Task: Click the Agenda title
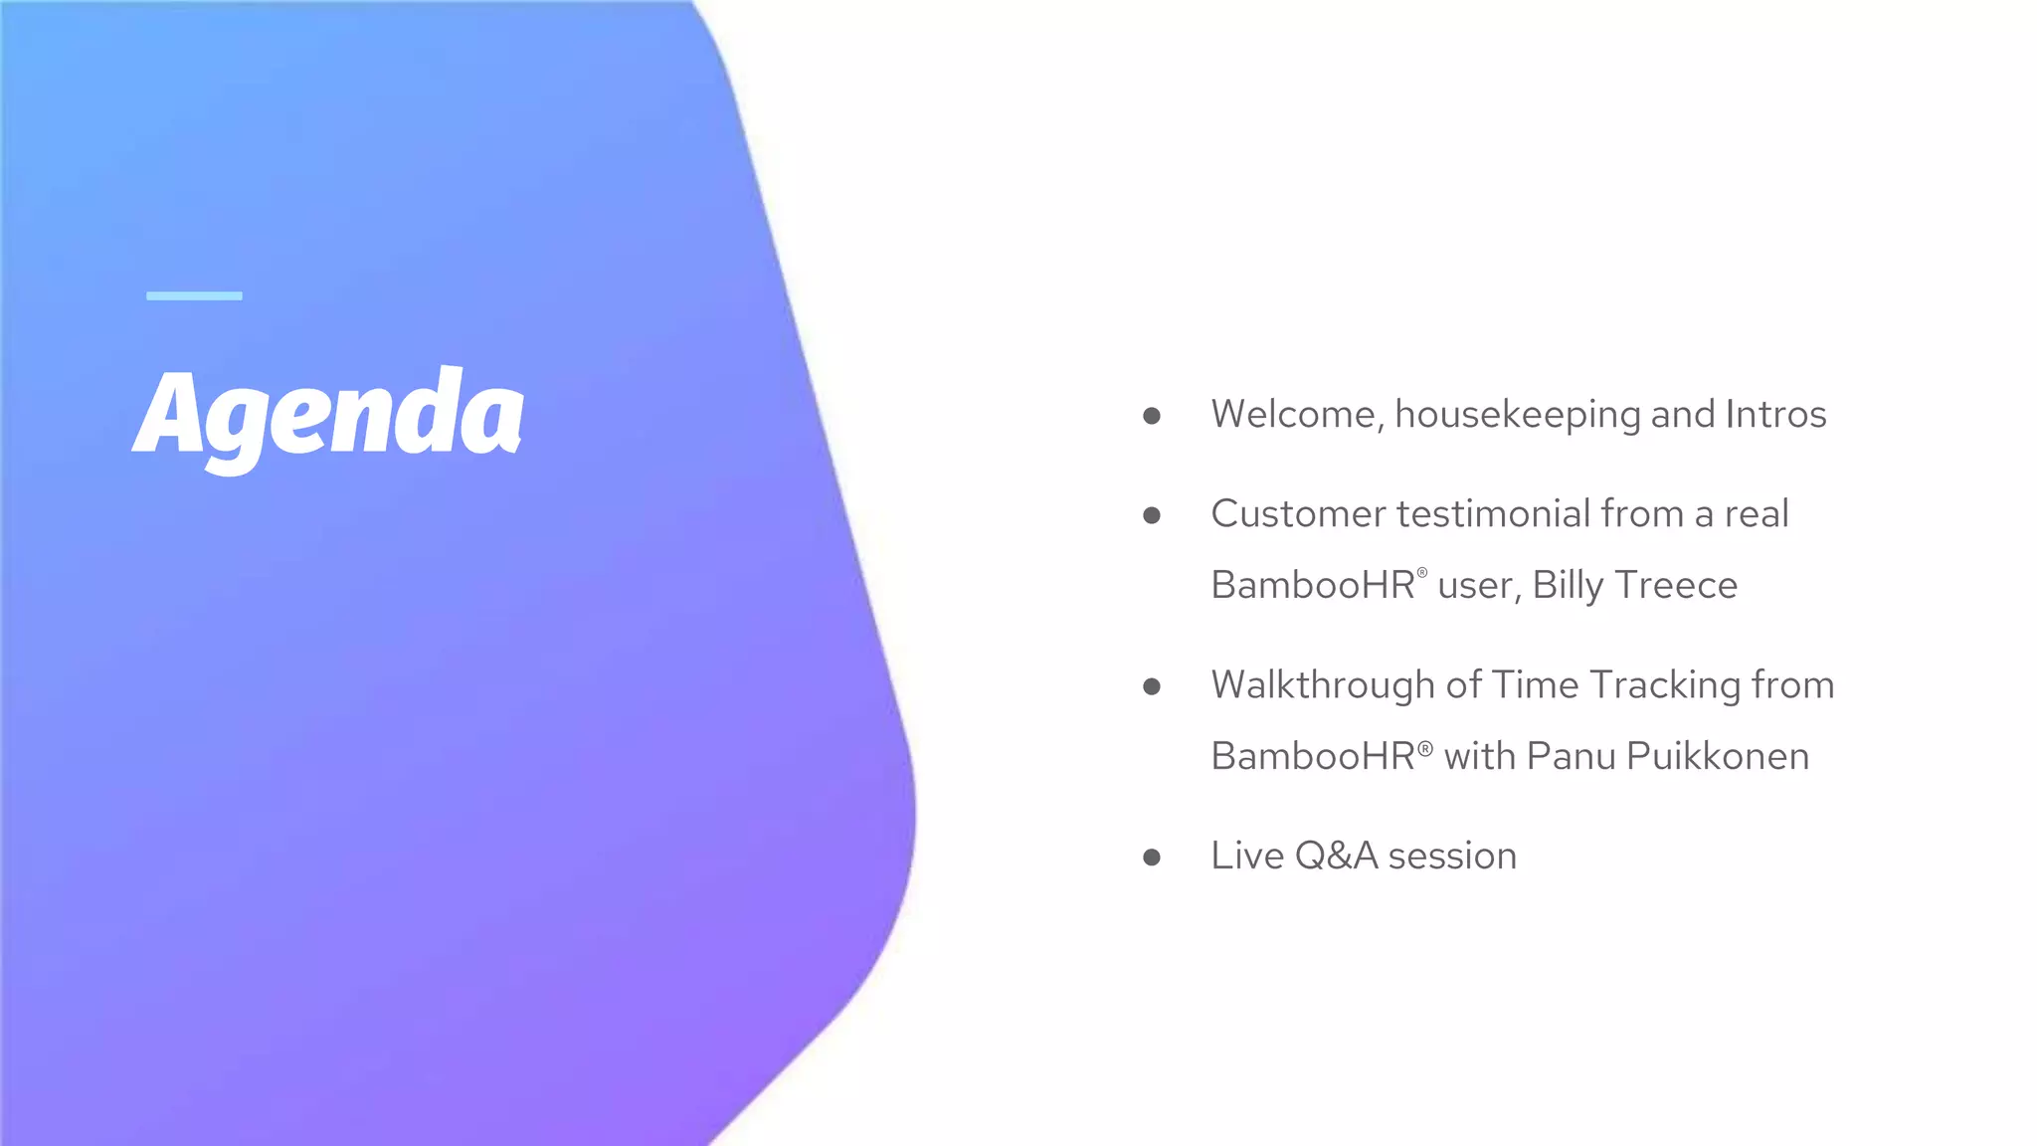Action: coord(328,416)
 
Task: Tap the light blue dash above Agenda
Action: coord(194,295)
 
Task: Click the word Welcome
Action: coord(1292,415)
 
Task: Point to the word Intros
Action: coord(1775,415)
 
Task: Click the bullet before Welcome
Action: coord(1152,416)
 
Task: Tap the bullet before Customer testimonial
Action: coord(1152,515)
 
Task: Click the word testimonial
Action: coord(1493,514)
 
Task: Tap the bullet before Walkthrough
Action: coord(1152,686)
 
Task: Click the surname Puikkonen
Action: coord(1718,757)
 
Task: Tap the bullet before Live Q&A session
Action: coord(1152,858)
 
